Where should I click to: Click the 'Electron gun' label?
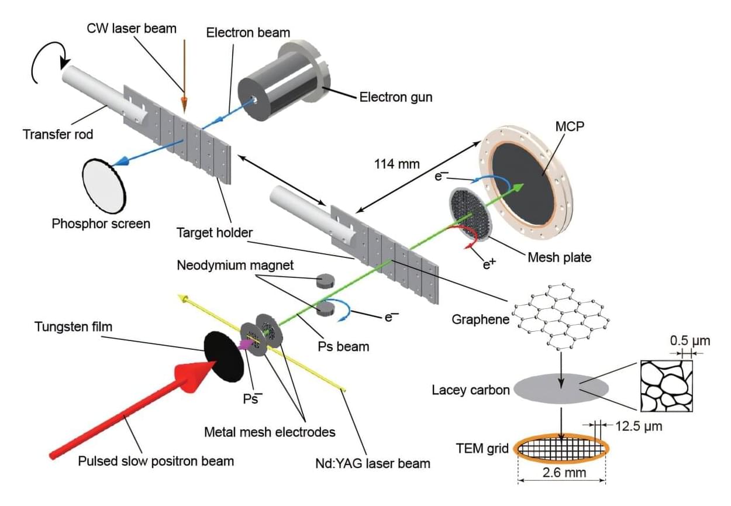396,97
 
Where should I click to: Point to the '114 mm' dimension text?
396,164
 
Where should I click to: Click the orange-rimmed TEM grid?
562,449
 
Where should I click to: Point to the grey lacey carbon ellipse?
561,388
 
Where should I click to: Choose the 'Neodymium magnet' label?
236,265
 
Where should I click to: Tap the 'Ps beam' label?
343,346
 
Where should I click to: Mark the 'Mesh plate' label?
559,256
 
